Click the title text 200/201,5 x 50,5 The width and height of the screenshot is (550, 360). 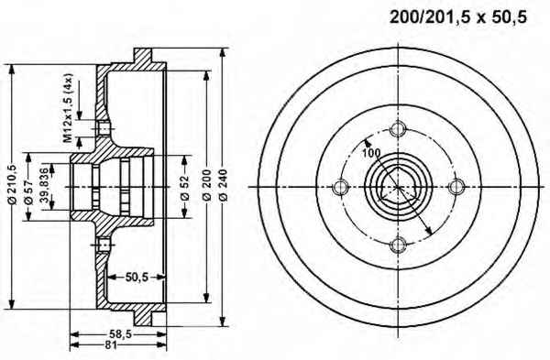pyautogui.click(x=458, y=17)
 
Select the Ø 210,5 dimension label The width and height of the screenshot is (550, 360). pyautogui.click(x=12, y=184)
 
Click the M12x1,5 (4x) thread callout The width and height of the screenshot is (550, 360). pyautogui.click(x=68, y=108)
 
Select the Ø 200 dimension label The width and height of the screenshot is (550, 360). pyautogui.click(x=207, y=185)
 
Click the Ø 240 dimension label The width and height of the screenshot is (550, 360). pyautogui.click(x=223, y=185)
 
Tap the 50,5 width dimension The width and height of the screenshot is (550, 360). pyautogui.click(x=137, y=278)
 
